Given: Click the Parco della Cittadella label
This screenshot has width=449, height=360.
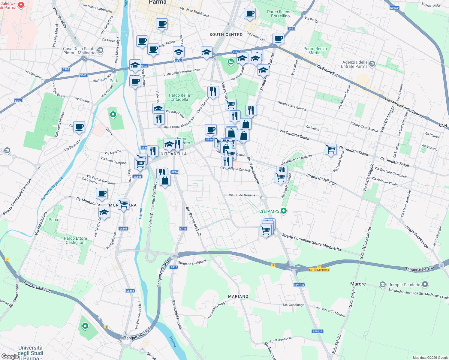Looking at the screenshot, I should click(x=179, y=97).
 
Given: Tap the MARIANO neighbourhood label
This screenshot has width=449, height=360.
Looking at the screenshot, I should click(x=238, y=296).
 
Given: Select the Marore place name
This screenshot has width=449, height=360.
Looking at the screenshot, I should click(x=358, y=284).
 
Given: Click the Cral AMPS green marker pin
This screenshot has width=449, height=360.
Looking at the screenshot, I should click(x=283, y=211).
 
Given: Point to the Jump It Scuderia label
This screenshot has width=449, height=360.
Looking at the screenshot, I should click(x=404, y=285).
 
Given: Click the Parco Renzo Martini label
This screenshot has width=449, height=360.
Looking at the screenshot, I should click(x=315, y=51).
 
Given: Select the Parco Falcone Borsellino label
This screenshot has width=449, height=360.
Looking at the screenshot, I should click(x=280, y=14).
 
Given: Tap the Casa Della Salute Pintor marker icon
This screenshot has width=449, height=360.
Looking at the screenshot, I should click(x=100, y=51).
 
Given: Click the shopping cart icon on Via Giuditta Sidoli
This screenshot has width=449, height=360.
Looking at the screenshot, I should click(x=331, y=149).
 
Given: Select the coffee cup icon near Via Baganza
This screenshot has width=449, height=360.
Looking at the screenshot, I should click(x=79, y=127).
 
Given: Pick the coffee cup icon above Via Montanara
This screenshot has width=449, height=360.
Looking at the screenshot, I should click(x=102, y=193).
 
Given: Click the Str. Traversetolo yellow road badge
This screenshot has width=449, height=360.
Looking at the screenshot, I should click(x=319, y=270).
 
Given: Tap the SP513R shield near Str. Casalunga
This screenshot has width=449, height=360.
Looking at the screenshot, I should click(x=299, y=285).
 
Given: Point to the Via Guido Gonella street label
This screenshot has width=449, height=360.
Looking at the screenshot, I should click(x=242, y=195).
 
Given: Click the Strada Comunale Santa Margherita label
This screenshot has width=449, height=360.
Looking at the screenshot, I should click(x=311, y=242).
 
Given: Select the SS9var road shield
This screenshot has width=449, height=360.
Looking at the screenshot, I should click(x=394, y=8).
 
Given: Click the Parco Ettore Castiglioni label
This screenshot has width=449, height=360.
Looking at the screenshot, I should click(x=75, y=240).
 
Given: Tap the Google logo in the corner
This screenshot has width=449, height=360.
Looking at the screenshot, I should click(x=10, y=356).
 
